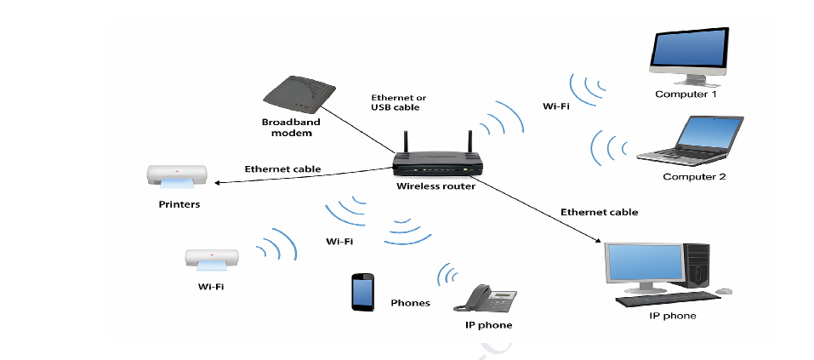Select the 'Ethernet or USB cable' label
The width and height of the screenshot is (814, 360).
[396, 103]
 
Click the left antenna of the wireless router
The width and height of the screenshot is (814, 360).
[406, 141]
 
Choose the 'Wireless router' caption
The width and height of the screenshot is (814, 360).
[435, 186]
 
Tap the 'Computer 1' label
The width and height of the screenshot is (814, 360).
[686, 94]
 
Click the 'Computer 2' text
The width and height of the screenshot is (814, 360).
[694, 177]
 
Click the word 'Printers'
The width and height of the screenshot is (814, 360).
[179, 204]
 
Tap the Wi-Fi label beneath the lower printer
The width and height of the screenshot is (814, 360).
[211, 287]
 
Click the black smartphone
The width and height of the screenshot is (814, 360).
[363, 291]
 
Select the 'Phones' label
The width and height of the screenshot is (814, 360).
[410, 303]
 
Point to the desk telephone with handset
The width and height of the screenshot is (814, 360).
[486, 299]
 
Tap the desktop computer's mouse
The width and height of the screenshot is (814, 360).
[724, 291]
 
